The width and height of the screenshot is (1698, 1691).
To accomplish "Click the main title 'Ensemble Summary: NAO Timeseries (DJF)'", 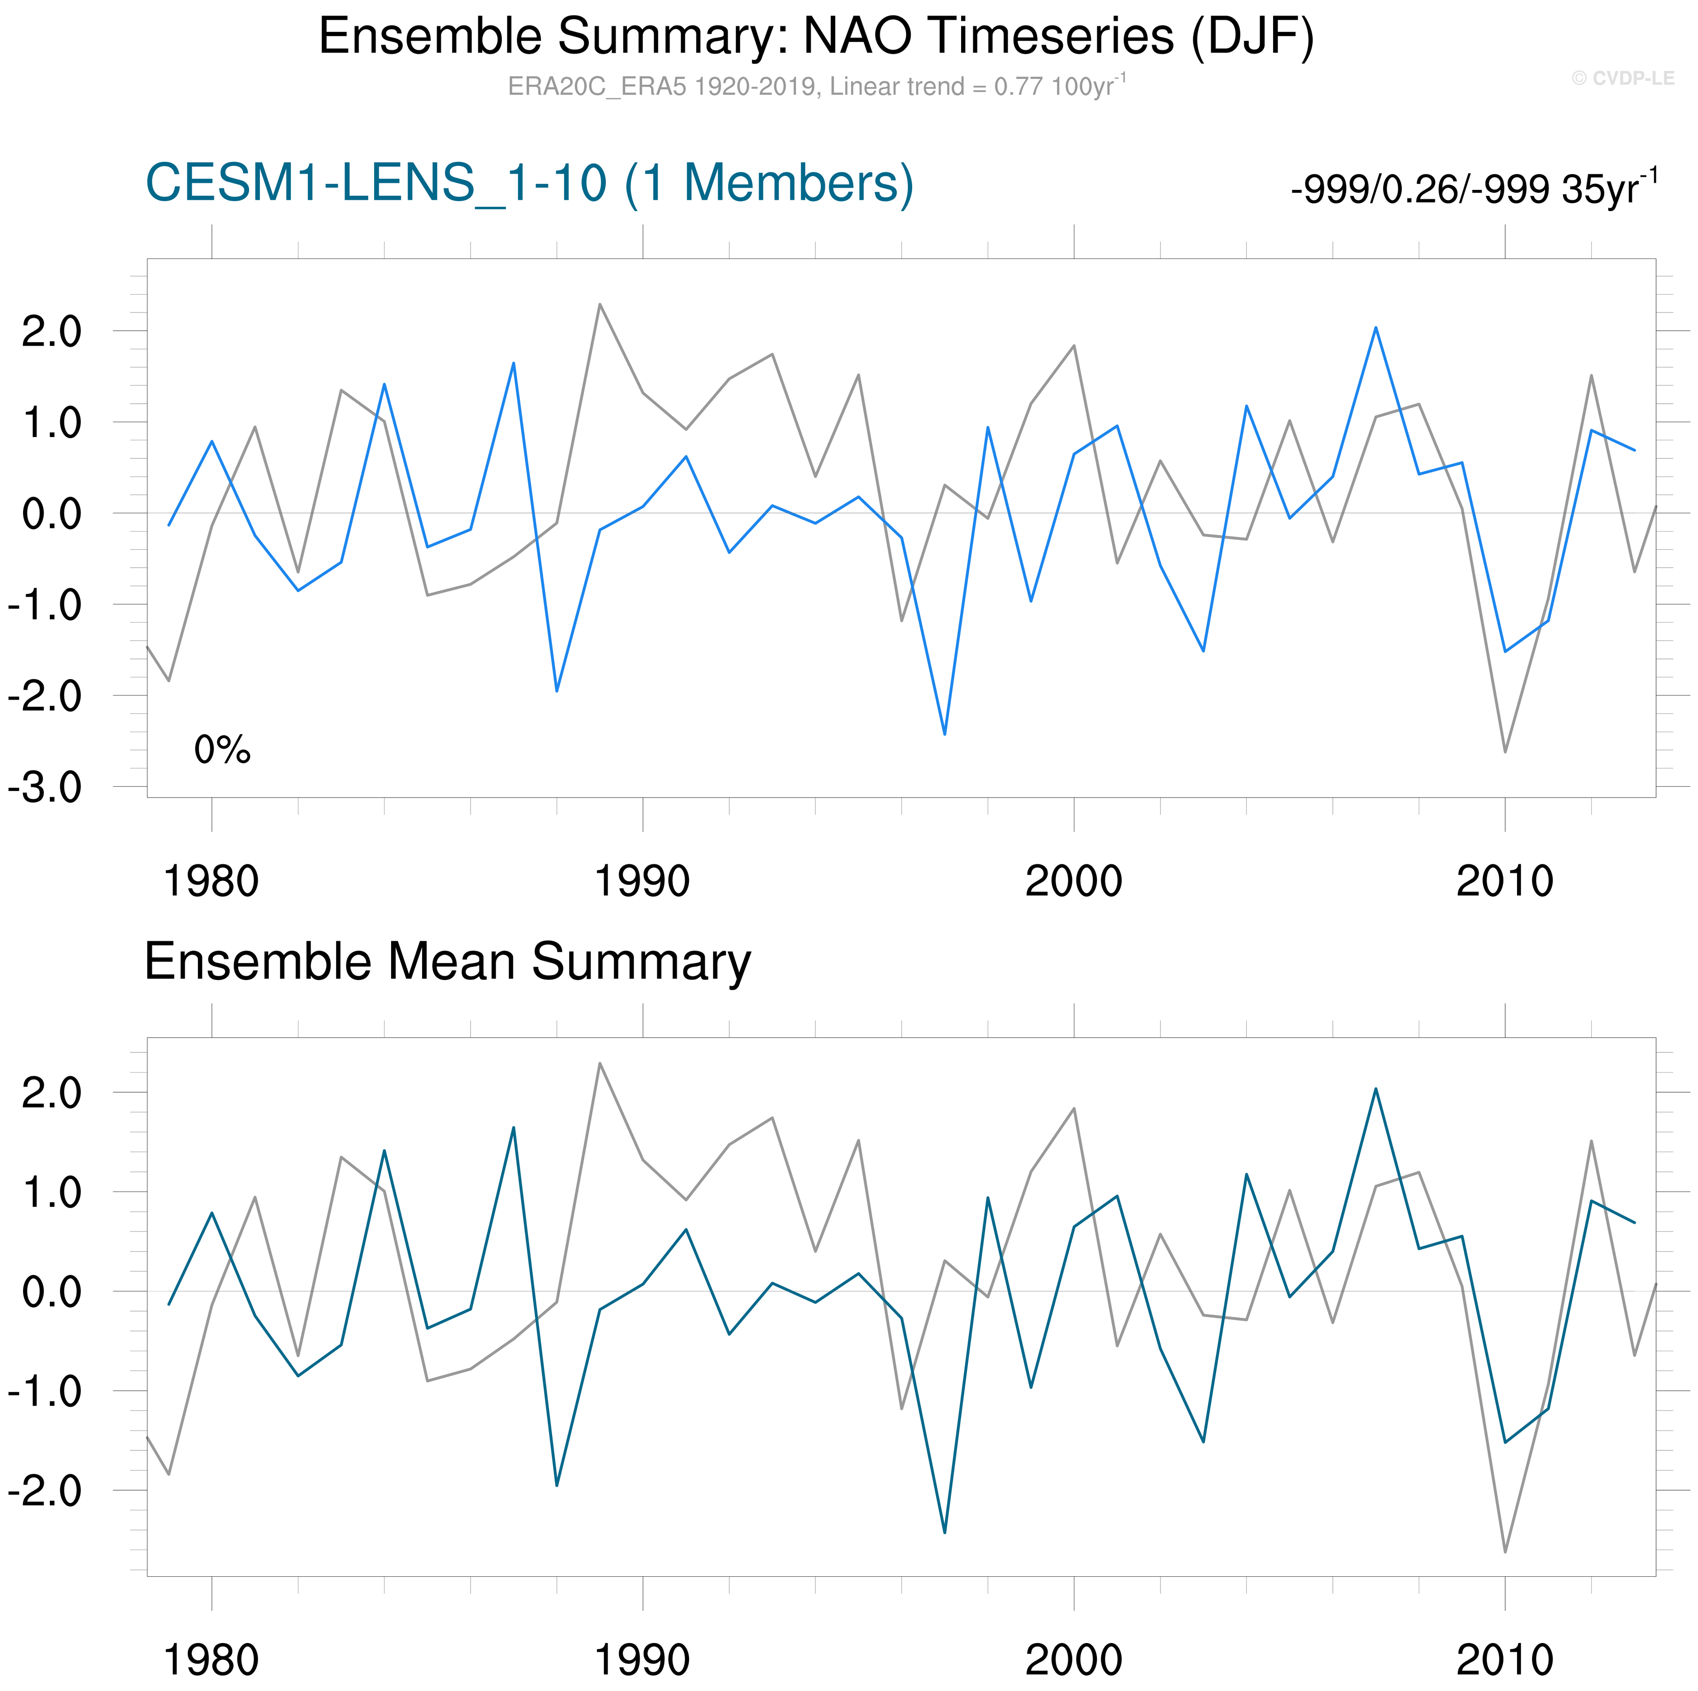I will pos(815,37).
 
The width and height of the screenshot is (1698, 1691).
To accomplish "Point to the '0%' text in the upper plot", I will pos(222,750).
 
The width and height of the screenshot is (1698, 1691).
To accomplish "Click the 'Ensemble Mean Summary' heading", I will pos(447,962).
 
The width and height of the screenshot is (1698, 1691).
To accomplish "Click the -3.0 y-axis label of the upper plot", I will pos(45,788).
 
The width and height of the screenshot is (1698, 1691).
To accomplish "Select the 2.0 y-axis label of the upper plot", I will pos(51,332).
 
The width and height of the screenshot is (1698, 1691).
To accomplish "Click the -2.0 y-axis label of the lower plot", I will pos(45,1491).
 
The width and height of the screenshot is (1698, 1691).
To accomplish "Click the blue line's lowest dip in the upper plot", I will pos(945,734).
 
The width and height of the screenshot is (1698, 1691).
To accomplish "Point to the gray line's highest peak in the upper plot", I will pos(599,305).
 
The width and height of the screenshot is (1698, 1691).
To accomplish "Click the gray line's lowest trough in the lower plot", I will pos(1505,1551).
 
